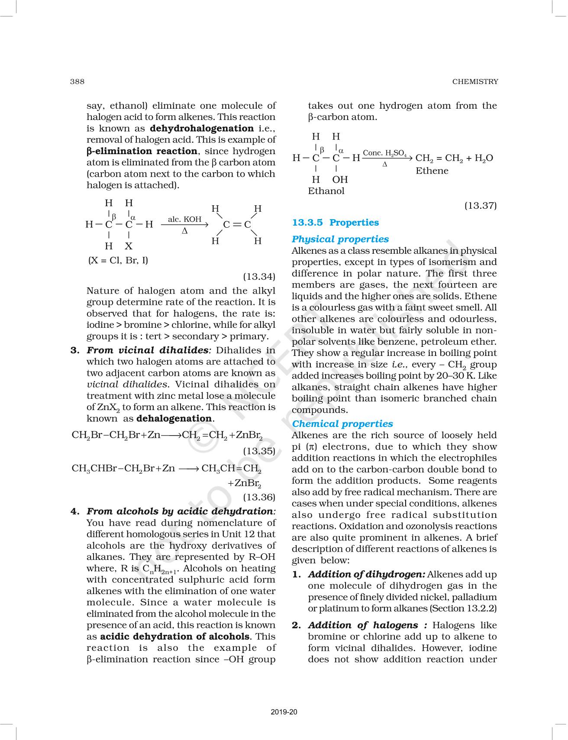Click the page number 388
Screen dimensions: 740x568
77,81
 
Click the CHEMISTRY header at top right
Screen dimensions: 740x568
475,81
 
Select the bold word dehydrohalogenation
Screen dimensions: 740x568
202,128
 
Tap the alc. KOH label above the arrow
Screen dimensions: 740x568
185,219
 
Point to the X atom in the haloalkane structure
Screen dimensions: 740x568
129,246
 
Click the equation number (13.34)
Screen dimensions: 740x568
259,276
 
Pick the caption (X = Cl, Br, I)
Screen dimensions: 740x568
118,260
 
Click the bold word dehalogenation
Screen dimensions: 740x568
174,418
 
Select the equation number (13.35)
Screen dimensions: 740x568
259,451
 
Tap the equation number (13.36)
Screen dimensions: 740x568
259,497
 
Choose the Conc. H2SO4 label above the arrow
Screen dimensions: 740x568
384,153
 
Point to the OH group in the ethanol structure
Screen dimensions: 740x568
340,179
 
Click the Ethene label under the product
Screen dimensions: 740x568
432,171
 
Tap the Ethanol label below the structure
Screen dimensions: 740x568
326,191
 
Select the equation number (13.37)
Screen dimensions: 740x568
481,205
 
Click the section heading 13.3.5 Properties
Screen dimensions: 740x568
336,223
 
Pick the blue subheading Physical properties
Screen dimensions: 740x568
340,239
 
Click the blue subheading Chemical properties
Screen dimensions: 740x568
342,424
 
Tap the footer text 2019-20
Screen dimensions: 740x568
284,712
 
